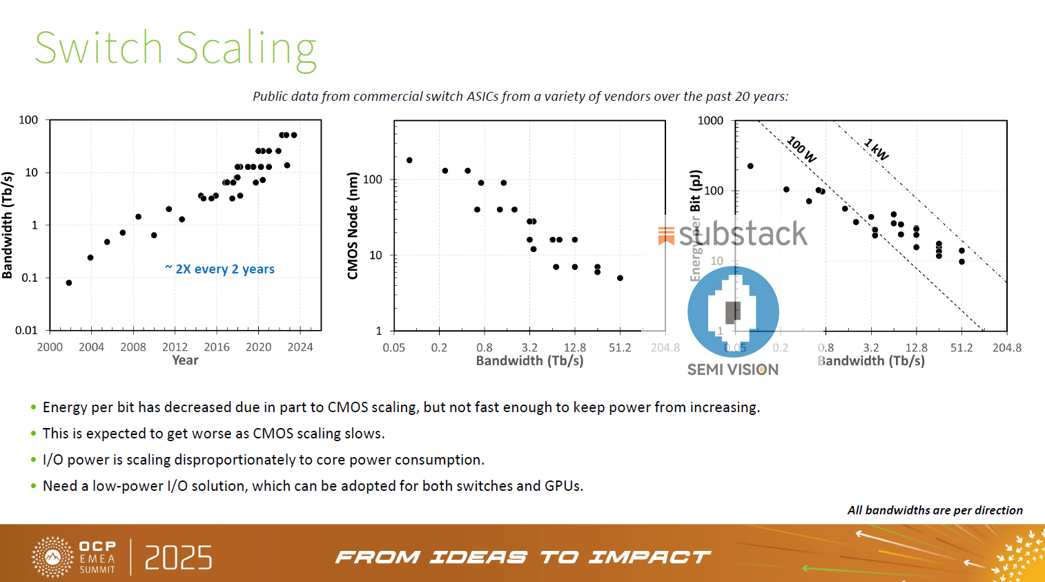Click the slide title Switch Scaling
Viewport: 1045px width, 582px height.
(x=175, y=48)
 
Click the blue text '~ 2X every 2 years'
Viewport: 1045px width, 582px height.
(x=220, y=269)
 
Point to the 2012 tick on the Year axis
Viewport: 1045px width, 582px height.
(x=175, y=347)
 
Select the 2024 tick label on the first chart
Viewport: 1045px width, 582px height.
(x=300, y=347)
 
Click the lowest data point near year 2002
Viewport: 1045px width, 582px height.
(x=69, y=283)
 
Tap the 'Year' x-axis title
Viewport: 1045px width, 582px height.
(x=185, y=360)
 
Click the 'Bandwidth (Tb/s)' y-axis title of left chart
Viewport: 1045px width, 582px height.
(x=8, y=225)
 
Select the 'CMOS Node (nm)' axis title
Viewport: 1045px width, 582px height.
(x=353, y=226)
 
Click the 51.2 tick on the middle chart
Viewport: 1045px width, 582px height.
(x=620, y=348)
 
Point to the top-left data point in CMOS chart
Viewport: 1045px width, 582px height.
(x=409, y=160)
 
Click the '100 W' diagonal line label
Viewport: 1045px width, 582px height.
(x=801, y=149)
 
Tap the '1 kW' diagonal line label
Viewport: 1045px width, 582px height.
(x=877, y=149)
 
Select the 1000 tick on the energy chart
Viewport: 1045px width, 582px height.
(x=710, y=121)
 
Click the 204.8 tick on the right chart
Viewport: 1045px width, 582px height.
(x=1007, y=348)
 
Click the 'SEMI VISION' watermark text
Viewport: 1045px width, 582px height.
(x=733, y=370)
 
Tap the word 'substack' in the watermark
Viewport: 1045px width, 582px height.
(x=743, y=233)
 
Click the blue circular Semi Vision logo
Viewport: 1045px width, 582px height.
(x=733, y=311)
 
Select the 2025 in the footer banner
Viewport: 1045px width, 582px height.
(x=178, y=558)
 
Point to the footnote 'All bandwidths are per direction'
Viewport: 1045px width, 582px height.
(x=935, y=510)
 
